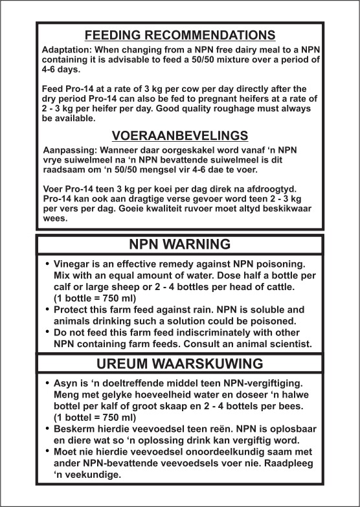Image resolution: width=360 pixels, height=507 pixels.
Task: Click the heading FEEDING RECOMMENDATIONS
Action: point(180,35)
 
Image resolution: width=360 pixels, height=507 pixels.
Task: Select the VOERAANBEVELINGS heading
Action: point(180,135)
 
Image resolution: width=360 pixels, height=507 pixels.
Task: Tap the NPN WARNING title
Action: point(180,244)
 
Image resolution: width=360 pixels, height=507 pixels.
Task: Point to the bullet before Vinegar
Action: point(47,266)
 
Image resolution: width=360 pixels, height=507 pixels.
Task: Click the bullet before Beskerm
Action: point(47,429)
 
